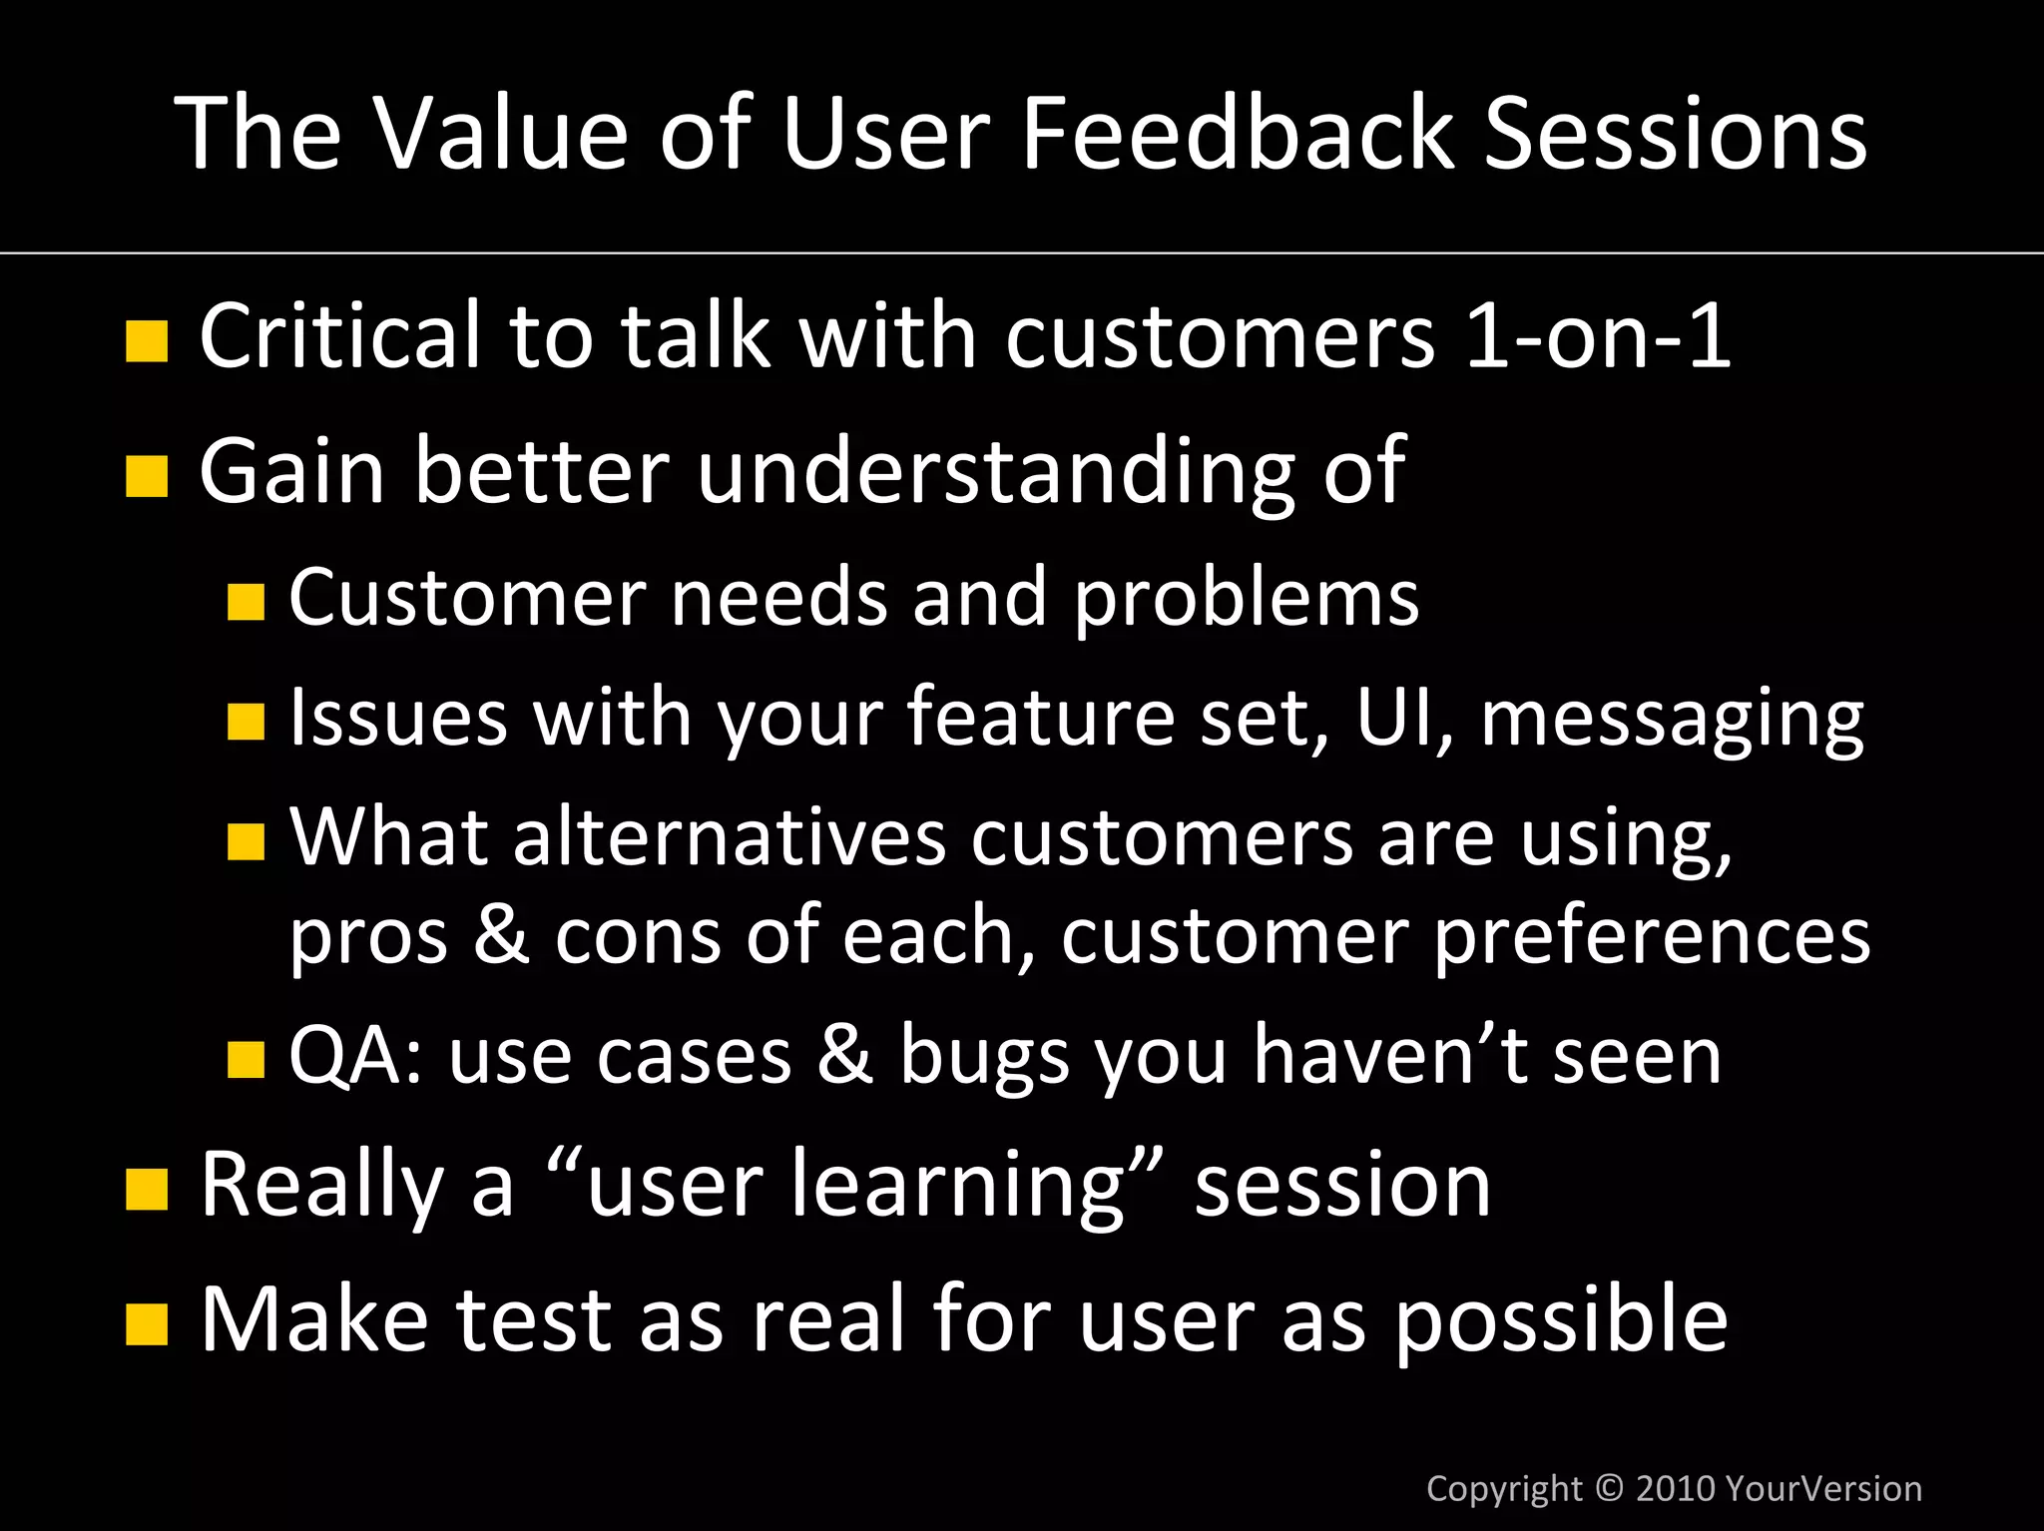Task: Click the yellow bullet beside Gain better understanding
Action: [147, 476]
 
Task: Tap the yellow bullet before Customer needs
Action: [246, 603]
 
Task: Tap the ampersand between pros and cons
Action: [501, 935]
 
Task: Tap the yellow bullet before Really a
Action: [147, 1190]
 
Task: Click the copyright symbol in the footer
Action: [1609, 1488]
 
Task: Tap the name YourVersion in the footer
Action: [1822, 1488]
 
